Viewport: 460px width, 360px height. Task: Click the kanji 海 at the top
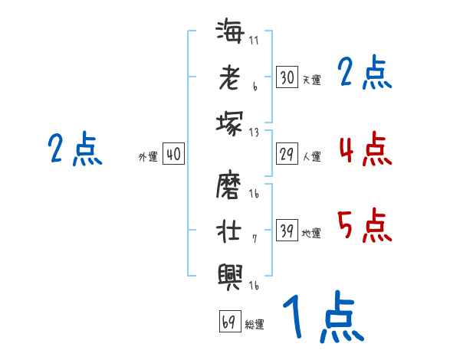[230, 34]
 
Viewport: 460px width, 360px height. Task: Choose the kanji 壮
[230, 230]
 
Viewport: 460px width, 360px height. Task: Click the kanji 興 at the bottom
[230, 273]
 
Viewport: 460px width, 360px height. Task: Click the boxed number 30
[287, 77]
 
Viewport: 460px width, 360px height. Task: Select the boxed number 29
[287, 155]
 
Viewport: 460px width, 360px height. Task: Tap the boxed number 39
[287, 231]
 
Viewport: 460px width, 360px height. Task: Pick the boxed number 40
[173, 155]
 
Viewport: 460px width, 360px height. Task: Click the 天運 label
[311, 80]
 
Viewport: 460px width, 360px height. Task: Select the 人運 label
[311, 157]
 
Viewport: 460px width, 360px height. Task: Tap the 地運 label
[311, 234]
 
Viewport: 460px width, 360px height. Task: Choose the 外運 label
[148, 157]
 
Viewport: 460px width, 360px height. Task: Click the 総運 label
[255, 324]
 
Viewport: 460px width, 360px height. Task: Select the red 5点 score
[365, 224]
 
